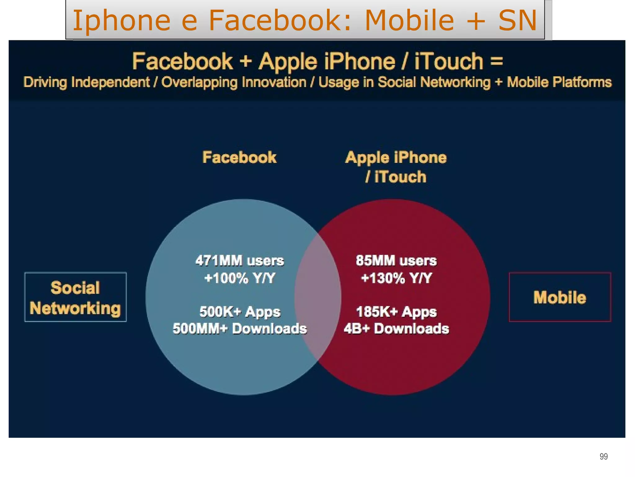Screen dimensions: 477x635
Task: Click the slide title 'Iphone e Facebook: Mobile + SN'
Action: (304, 20)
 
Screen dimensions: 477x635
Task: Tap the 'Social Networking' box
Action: (75, 297)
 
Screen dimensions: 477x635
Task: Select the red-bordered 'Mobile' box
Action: (560, 297)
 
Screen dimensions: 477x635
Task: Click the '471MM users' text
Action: (239, 261)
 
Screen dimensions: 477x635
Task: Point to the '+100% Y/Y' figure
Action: (239, 278)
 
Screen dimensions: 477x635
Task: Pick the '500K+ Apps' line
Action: (240, 312)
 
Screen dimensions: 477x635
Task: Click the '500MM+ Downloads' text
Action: (240, 329)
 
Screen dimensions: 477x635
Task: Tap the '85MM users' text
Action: (396, 261)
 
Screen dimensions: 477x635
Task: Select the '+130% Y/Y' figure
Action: (396, 278)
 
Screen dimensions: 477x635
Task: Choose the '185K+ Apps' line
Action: (396, 312)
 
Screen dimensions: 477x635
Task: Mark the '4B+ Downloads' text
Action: (396, 329)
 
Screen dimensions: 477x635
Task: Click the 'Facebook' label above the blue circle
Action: (239, 157)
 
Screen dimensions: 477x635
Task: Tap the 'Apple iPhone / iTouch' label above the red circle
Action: (396, 167)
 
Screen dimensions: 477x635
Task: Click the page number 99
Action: (603, 457)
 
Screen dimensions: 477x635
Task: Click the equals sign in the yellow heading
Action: (496, 61)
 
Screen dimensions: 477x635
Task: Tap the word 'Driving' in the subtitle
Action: (45, 83)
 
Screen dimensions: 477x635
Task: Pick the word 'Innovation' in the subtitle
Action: (274, 83)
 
